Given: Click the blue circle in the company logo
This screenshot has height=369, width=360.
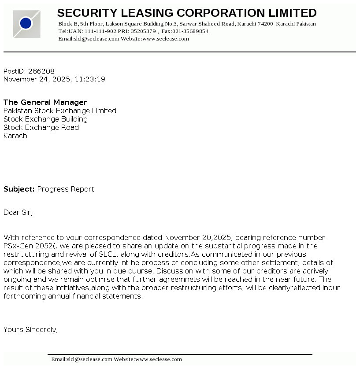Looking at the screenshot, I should coord(26,23).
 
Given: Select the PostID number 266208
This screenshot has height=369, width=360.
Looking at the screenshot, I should coord(41,71).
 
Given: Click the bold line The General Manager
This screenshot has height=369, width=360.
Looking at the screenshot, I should coord(45,103).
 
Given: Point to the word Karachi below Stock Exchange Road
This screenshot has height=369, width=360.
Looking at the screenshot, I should coord(16,136).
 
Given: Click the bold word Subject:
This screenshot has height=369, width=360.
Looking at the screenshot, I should coord(19,189).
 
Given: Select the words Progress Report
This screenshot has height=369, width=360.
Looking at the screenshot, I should coord(66,189).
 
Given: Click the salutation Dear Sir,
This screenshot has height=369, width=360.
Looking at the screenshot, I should coord(18,213).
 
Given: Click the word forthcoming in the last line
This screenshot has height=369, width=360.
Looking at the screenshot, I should coord(22,296).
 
